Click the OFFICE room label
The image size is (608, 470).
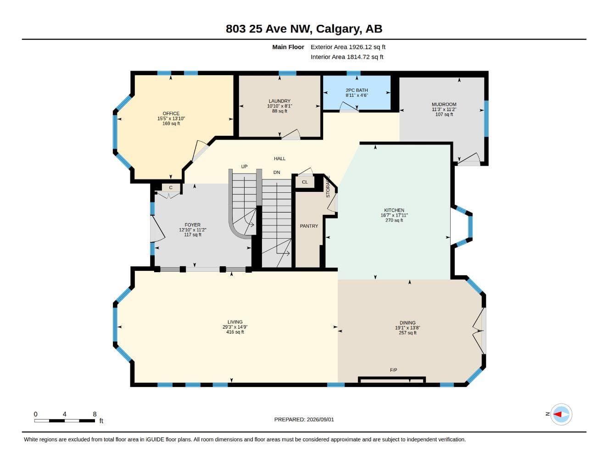171,113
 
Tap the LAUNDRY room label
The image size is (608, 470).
279,101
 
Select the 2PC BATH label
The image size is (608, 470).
357,90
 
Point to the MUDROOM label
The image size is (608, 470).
444,104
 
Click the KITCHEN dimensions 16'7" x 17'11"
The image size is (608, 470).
394,215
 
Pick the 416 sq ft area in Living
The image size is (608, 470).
235,332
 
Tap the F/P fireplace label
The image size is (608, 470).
393,370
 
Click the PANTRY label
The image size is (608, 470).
309,226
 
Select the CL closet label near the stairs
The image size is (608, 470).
305,182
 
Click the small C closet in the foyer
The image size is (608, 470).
171,188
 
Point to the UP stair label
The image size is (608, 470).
244,167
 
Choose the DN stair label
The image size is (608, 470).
277,172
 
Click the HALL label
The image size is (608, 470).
280,159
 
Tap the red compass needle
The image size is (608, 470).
558,414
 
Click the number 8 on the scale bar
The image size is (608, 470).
95,414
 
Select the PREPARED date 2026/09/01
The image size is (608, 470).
320,420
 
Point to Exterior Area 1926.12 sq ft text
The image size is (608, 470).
348,47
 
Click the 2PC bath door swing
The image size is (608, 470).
349,106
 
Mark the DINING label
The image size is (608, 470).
407,323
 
